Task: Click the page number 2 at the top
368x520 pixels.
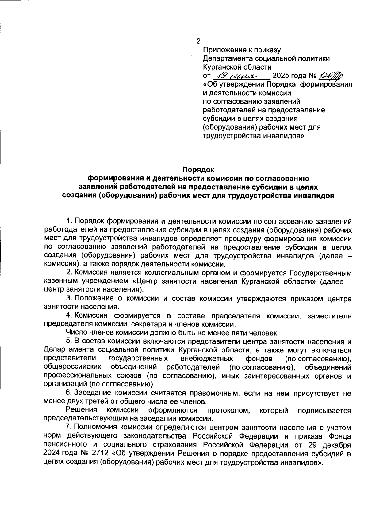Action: pos(198,41)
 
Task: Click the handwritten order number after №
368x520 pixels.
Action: pos(331,75)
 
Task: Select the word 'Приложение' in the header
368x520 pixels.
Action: pos(223,50)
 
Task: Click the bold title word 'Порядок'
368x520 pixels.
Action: pos(198,169)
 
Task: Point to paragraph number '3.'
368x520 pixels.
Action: pos(69,298)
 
